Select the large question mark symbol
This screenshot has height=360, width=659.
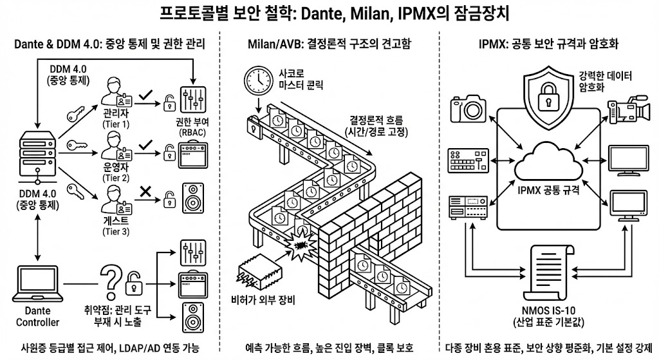[110, 282]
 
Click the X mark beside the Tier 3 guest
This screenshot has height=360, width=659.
[145, 192]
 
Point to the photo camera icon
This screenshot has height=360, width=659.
[468, 108]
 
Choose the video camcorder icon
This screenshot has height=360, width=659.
[629, 109]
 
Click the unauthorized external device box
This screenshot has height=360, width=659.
[258, 271]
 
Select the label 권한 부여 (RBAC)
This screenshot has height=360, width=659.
[192, 127]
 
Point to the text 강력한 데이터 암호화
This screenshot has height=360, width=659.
[605, 81]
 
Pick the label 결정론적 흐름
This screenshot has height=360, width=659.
[376, 119]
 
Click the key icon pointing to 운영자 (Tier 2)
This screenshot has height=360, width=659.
[77, 146]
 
